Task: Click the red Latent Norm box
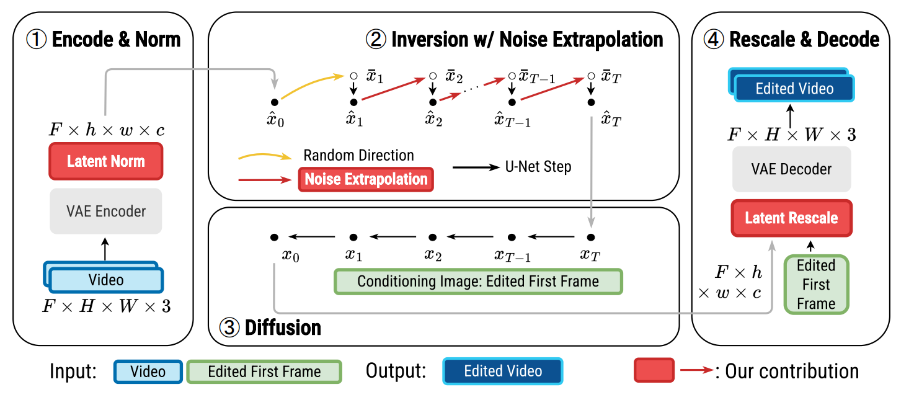(105, 161)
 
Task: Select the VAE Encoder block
(105, 211)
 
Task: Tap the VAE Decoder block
(791, 169)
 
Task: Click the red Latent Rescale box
(791, 218)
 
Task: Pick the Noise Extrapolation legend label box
(366, 179)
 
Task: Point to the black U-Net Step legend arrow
(475, 167)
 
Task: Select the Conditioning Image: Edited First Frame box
(477, 281)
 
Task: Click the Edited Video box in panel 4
(794, 89)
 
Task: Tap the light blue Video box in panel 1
(106, 280)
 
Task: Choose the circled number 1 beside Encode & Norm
(36, 40)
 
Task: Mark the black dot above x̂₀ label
(274, 102)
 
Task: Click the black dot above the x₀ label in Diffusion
(274, 237)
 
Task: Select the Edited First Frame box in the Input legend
(264, 372)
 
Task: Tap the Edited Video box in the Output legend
(502, 371)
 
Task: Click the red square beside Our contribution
(654, 371)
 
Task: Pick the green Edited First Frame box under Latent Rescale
(816, 284)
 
